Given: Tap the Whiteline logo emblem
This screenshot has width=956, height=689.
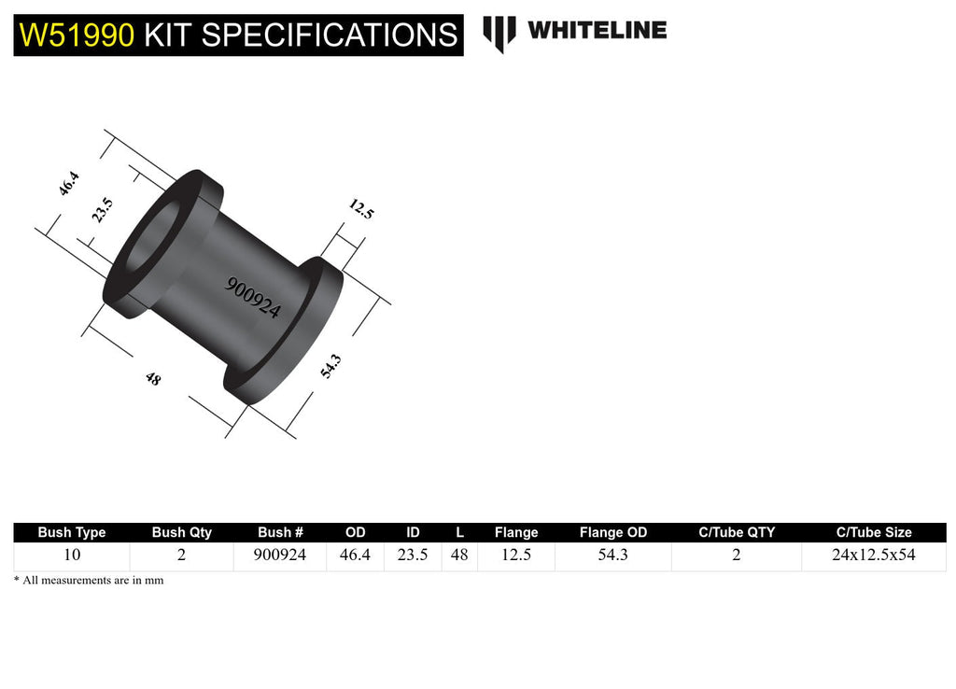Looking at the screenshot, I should pos(499,33).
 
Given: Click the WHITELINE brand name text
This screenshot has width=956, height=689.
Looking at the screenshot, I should pos(597,30).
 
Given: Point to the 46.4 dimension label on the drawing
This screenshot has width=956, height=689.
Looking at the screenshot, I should pos(68,183).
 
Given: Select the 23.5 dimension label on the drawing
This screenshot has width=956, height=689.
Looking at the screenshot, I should pos(102,210).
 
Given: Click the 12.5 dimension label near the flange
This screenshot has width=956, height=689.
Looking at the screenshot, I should pos(361,208).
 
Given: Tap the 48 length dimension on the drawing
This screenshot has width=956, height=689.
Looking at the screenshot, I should pos(152,378).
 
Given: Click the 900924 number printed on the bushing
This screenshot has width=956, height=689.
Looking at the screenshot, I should pos(252,298).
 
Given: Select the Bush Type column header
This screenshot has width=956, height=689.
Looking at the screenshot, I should pos(72,532).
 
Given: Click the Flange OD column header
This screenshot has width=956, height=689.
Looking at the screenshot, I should pos(612,532).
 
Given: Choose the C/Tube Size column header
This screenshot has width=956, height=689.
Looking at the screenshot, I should pos(873,532).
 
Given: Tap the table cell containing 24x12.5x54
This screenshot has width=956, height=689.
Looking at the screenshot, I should pos(873,555).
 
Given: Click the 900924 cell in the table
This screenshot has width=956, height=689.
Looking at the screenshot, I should pos(280,555).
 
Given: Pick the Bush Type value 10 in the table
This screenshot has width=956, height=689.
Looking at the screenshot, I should pos(72,555).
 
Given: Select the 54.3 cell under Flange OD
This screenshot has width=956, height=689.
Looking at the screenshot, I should pos(612,555).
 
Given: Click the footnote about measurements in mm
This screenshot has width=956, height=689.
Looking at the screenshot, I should pos(89,580).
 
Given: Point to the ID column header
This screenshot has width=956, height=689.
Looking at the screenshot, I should pos(413,532).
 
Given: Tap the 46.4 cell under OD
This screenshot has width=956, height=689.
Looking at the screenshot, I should pos(356,555).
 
